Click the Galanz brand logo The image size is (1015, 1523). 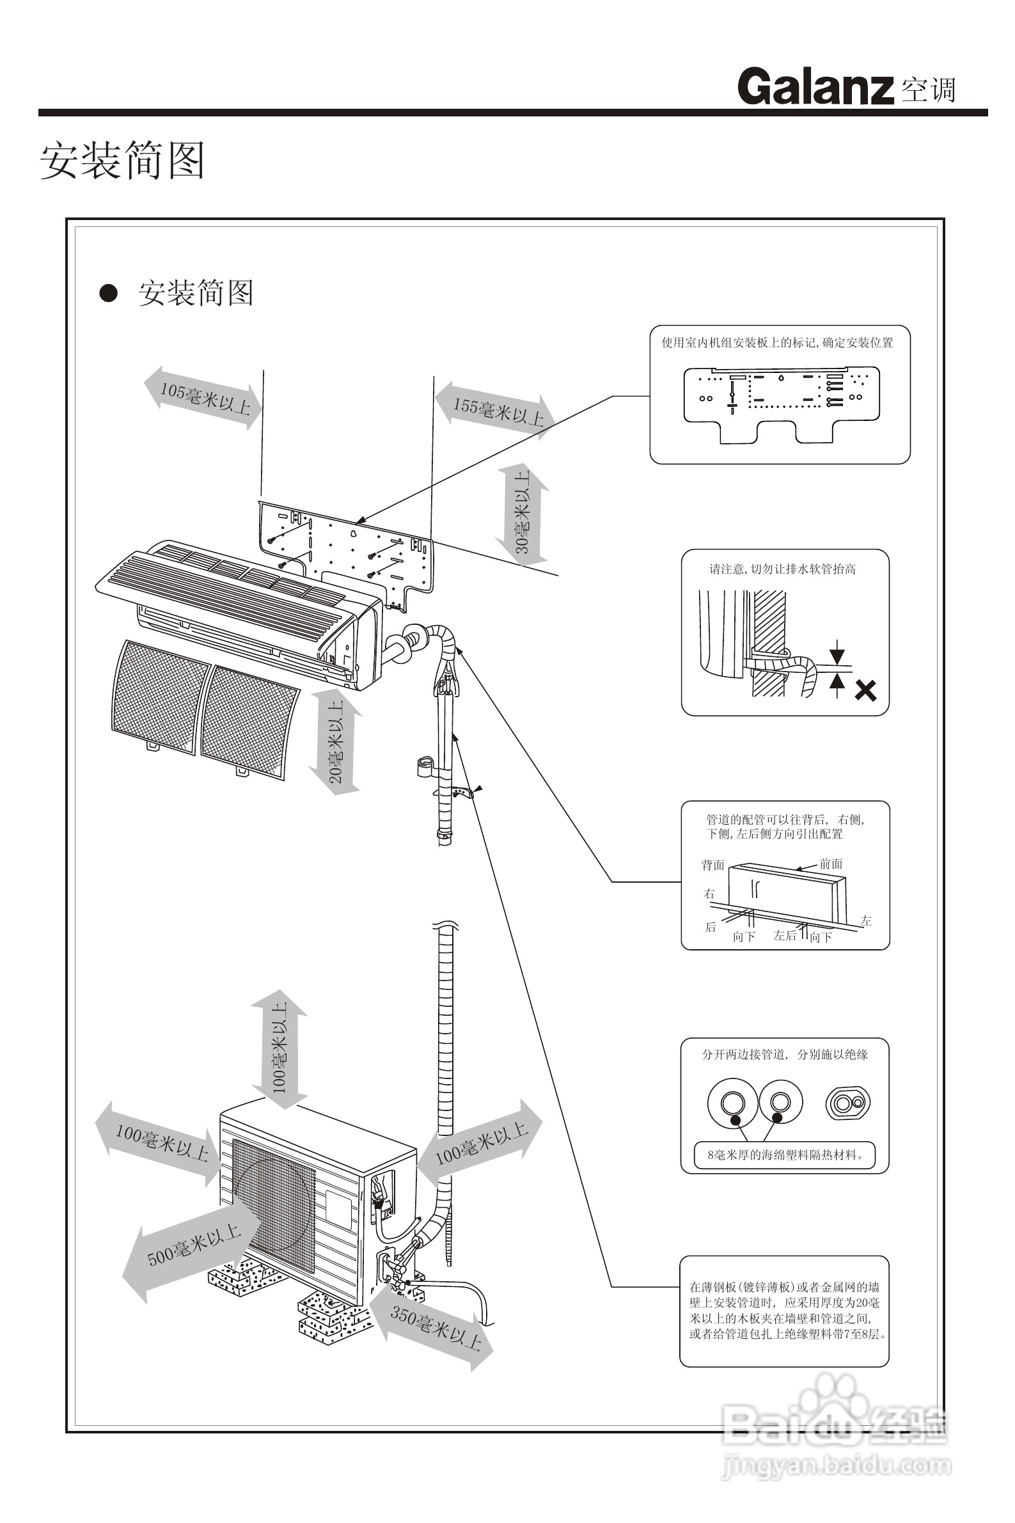pyautogui.click(x=815, y=87)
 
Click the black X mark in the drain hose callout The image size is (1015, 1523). pyautogui.click(x=865, y=691)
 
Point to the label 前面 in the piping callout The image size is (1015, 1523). pyautogui.click(x=831, y=864)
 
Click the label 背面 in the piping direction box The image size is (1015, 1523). pyautogui.click(x=712, y=865)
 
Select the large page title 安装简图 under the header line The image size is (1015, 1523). pyautogui.click(x=123, y=161)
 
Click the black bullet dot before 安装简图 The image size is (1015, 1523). pyautogui.click(x=108, y=293)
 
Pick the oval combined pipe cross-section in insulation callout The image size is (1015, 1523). pyautogui.click(x=848, y=1103)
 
